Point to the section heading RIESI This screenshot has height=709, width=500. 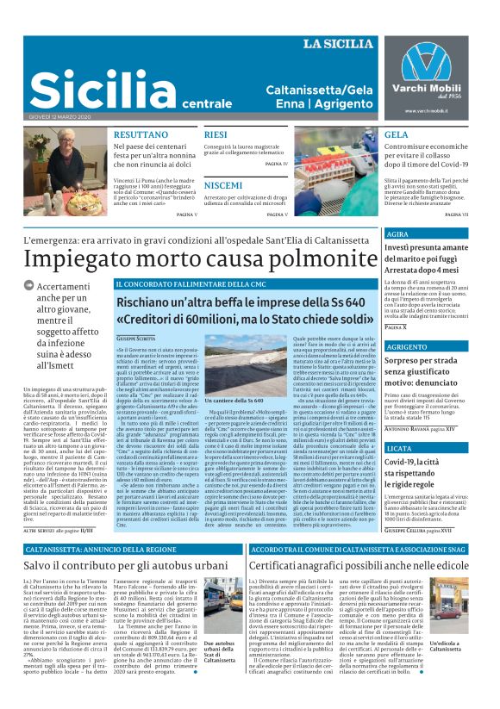[x=216, y=134]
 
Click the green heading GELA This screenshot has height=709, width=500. [x=397, y=134]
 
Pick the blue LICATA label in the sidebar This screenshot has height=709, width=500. [x=400, y=449]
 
